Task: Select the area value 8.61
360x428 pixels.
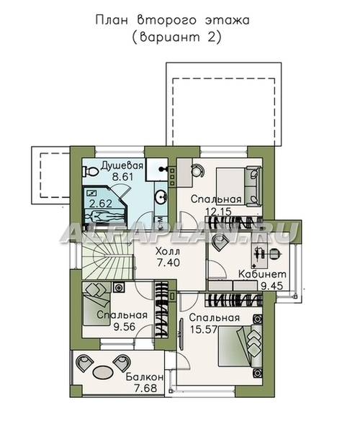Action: click(x=122, y=177)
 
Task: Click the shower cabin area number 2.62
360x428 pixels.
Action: click(x=101, y=204)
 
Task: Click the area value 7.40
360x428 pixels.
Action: click(x=168, y=263)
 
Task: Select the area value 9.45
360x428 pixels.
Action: click(x=271, y=286)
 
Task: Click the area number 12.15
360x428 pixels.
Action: click(x=218, y=211)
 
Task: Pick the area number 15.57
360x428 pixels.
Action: click(x=204, y=329)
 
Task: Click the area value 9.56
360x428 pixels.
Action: click(x=125, y=327)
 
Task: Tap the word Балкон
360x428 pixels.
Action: click(x=145, y=377)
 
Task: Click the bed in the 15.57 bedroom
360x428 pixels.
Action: click(x=240, y=347)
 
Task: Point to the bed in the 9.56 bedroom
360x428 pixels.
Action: click(x=96, y=304)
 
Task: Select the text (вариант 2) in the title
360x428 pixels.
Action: click(x=176, y=37)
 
